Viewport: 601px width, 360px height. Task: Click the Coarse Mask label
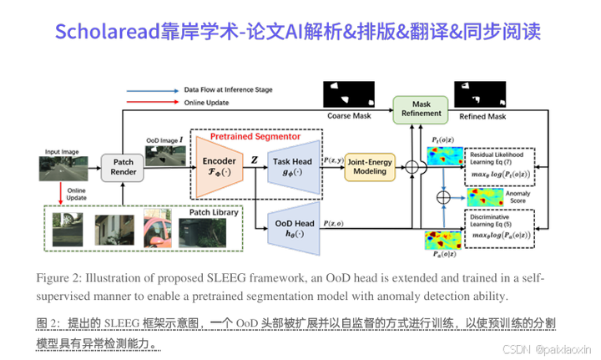point(350,116)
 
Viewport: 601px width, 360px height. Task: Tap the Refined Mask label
point(482,117)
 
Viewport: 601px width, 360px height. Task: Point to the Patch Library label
point(214,212)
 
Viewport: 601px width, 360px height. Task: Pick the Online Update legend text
point(205,102)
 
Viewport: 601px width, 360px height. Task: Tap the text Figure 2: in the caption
point(59,278)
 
